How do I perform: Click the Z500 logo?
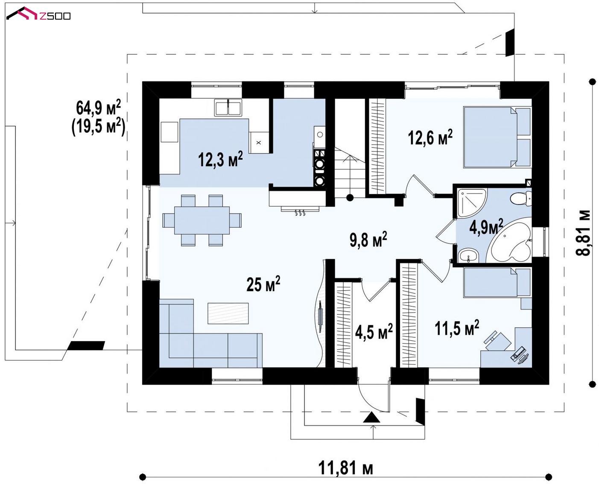(38, 14)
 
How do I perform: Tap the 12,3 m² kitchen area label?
(220, 159)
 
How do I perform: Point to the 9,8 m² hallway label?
(368, 239)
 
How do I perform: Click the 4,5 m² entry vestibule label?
(374, 331)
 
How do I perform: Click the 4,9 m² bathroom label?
(486, 226)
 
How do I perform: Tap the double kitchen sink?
(228, 107)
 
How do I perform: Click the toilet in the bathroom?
(521, 199)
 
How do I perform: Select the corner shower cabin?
(471, 203)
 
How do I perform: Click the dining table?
(202, 220)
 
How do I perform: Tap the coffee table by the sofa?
(228, 313)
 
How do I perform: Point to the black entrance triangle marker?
(371, 417)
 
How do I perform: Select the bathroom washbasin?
(468, 255)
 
